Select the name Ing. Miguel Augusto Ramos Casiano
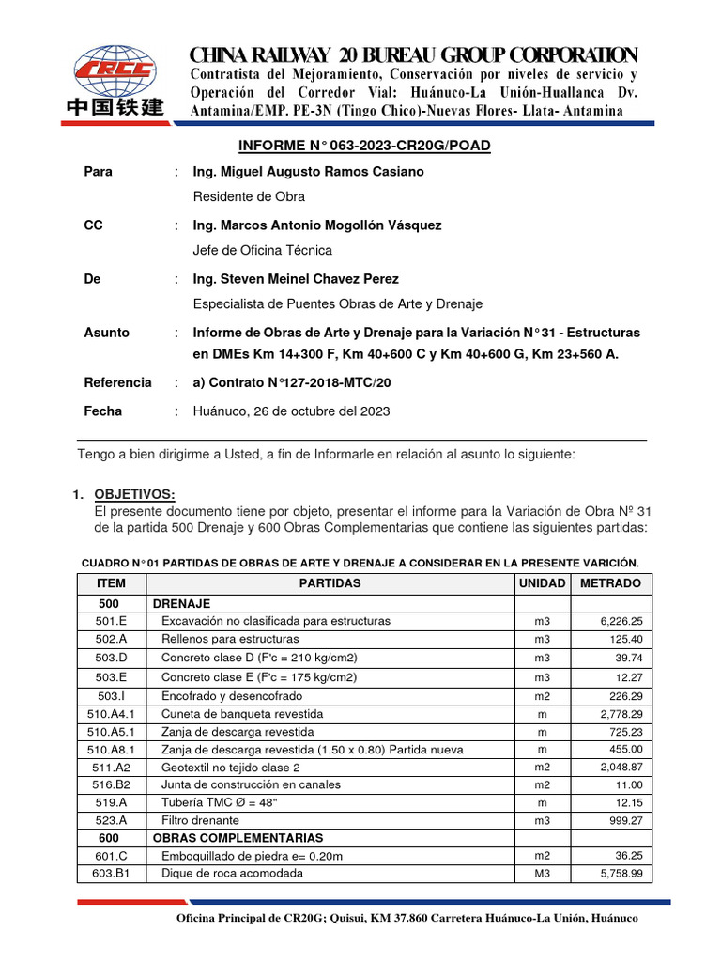tap(308, 172)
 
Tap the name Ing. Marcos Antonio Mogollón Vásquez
tap(316, 225)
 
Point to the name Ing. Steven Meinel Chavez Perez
tap(296, 279)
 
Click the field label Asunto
tap(107, 333)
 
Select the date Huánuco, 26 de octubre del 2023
tap(291, 411)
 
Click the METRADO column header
tap(611, 583)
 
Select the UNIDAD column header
tap(542, 583)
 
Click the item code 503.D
tap(111, 658)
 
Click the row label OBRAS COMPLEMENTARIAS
tap(238, 837)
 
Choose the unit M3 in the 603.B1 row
tap(542, 873)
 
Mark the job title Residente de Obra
tap(249, 197)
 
